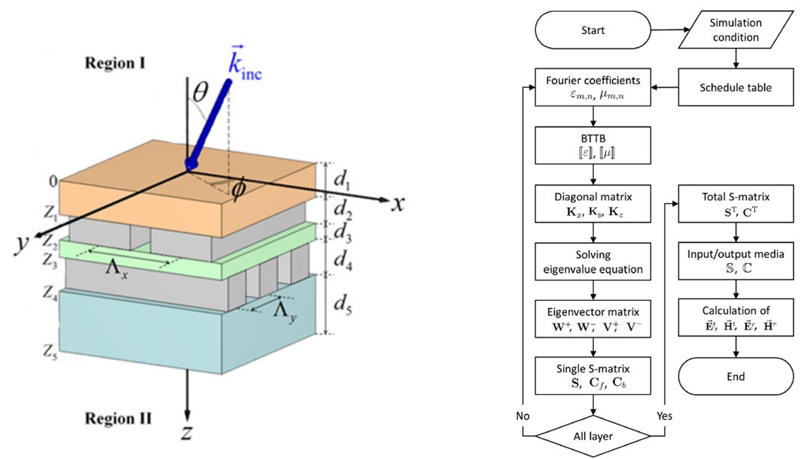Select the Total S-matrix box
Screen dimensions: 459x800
click(x=733, y=203)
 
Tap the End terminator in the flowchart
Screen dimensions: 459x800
click(x=733, y=376)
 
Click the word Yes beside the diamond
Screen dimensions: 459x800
click(x=664, y=415)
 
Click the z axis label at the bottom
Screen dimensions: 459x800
click(x=187, y=432)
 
